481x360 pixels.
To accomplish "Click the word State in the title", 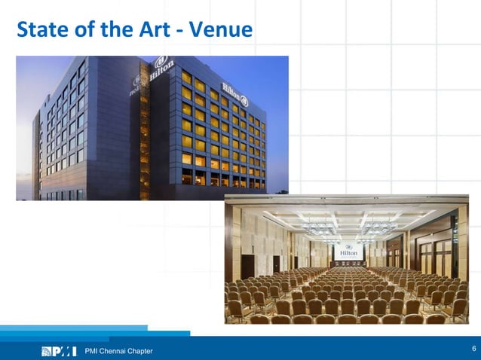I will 38,30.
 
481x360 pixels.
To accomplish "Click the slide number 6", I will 473,348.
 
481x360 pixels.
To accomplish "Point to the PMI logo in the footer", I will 59,351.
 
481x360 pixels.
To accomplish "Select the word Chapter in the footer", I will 139,351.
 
